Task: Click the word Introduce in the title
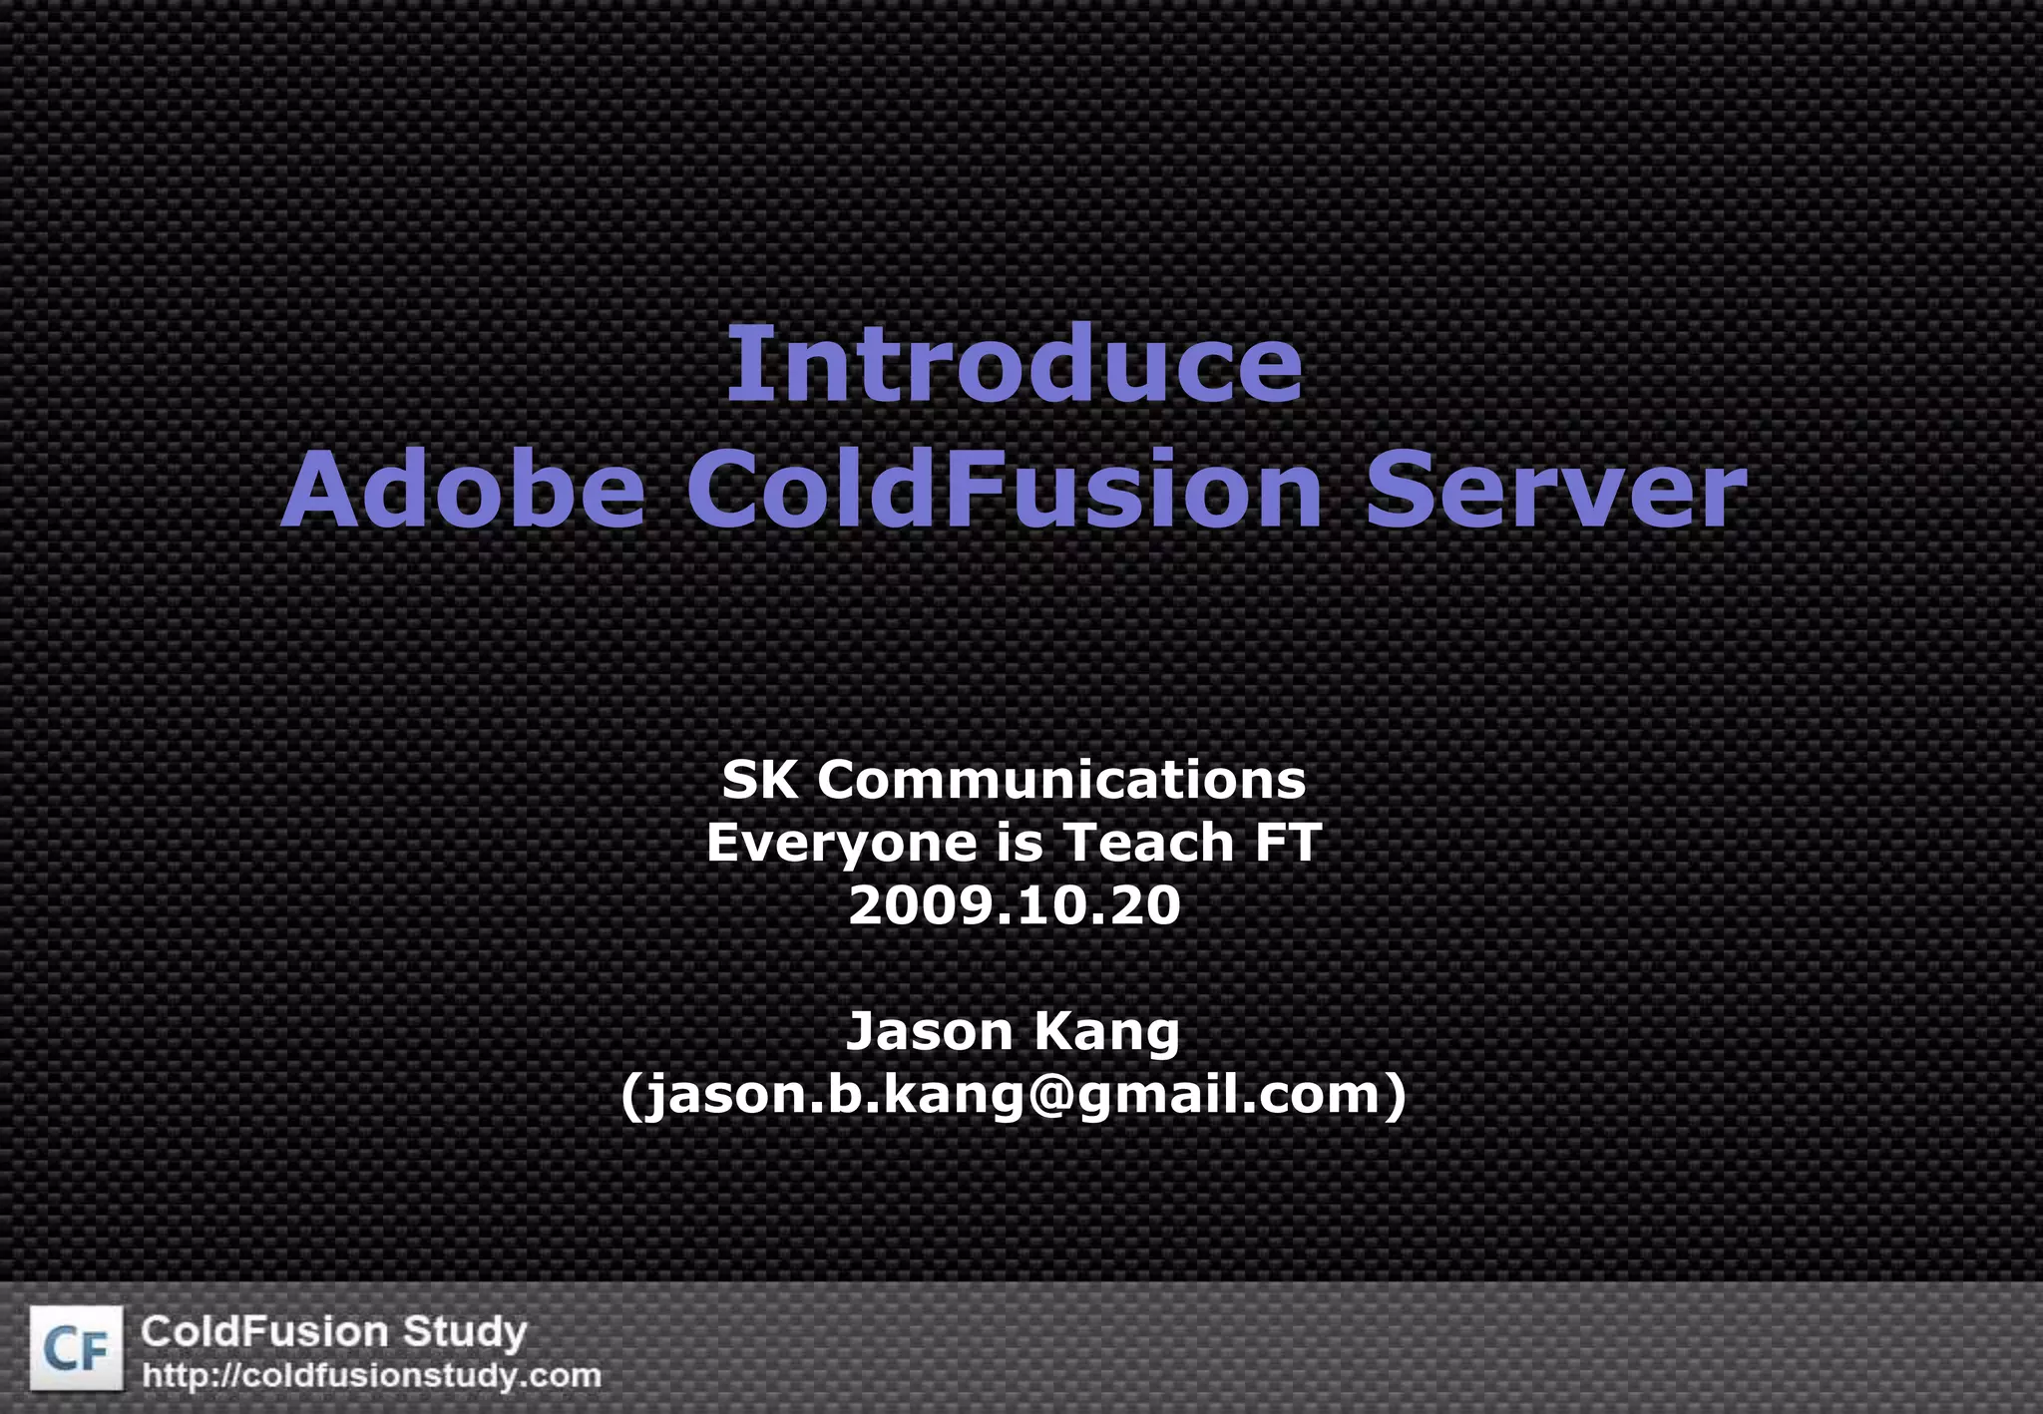click(x=1014, y=365)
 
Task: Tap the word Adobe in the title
click(x=463, y=491)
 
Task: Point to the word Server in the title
click(x=1555, y=491)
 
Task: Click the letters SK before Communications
click(x=759, y=780)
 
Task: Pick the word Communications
click(x=1061, y=780)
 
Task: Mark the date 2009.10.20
click(x=1015, y=906)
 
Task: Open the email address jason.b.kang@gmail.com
click(x=1014, y=1096)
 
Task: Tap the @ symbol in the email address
click(x=1051, y=1096)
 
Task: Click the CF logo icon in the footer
click(x=77, y=1348)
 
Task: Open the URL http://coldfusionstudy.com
click(x=371, y=1377)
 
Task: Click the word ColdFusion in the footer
click(x=264, y=1332)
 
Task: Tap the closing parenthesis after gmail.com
click(x=1395, y=1096)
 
